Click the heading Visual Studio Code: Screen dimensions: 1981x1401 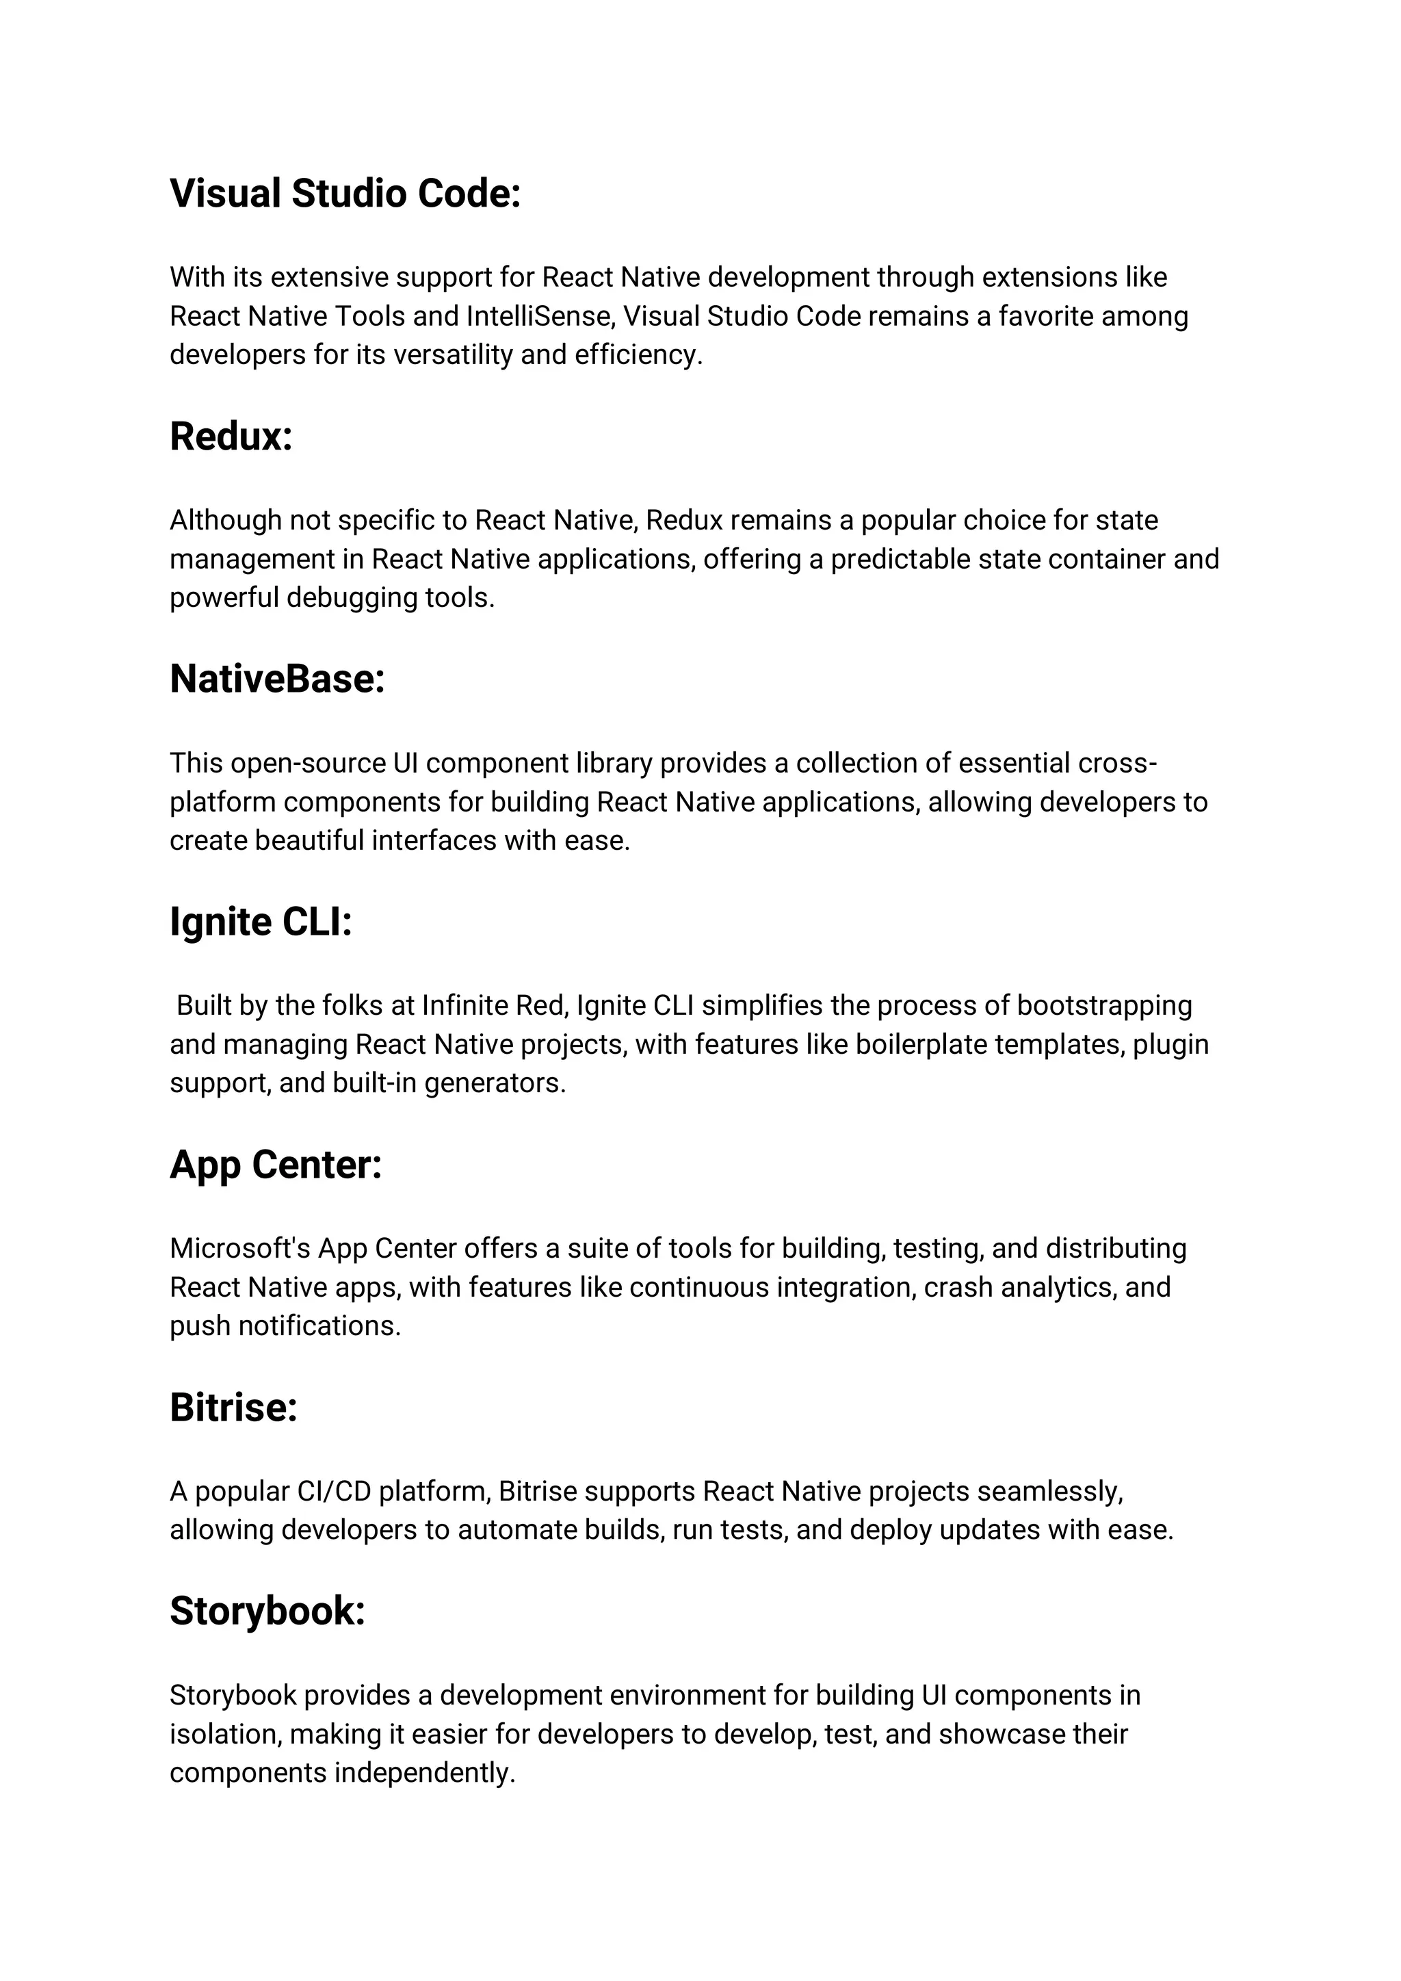[x=345, y=193]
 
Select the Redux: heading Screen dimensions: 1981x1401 [x=231, y=437]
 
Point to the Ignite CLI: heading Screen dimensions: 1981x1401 [x=261, y=922]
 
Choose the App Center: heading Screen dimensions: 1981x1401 [x=275, y=1165]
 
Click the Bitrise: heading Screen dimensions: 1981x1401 [x=233, y=1408]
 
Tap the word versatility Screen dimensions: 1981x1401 [x=453, y=354]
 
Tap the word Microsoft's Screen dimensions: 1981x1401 [x=240, y=1249]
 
